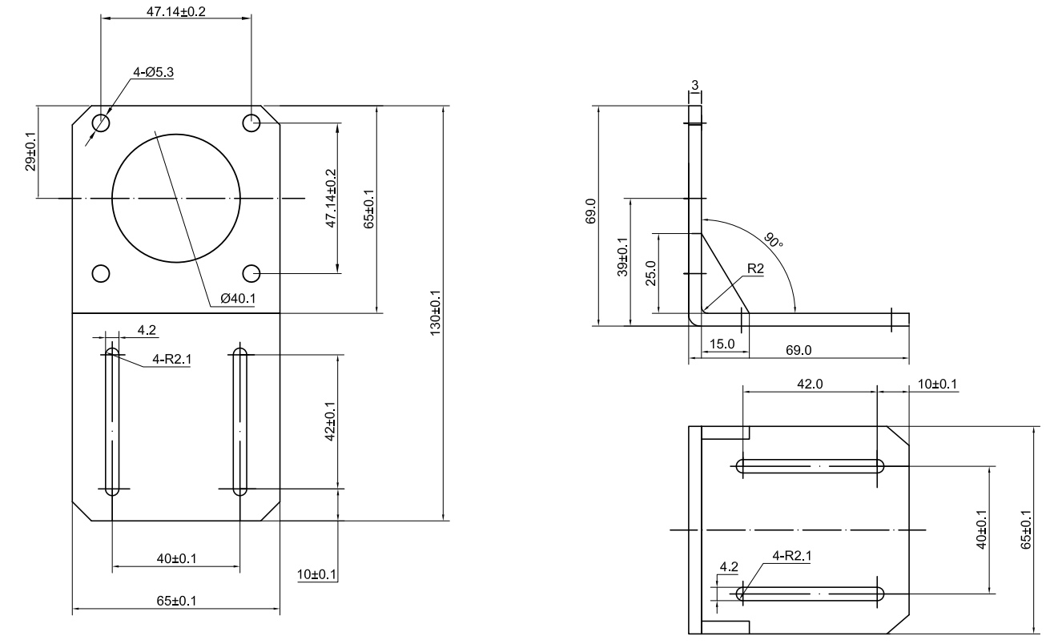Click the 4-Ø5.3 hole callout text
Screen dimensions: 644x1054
[x=153, y=72]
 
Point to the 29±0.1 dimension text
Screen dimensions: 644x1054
[x=30, y=152]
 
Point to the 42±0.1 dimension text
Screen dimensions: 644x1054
[x=331, y=421]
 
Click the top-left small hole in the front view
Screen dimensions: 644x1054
[x=101, y=123]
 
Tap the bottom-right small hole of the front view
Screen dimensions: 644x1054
[x=251, y=274]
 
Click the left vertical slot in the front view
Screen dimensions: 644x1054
[x=112, y=421]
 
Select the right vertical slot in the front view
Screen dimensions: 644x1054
[x=239, y=421]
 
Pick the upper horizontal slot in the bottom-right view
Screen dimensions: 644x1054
[x=810, y=465]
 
